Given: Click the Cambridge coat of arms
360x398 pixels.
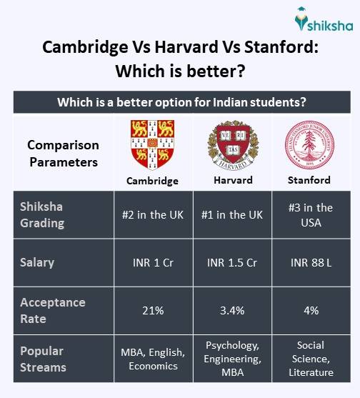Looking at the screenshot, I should [x=152, y=144].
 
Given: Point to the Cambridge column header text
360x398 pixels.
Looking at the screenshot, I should [x=152, y=181].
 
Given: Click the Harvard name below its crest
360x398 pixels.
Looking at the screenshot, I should [x=233, y=180].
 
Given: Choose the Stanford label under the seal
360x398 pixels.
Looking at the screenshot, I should [x=309, y=180].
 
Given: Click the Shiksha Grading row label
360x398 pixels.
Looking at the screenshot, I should [x=42, y=214].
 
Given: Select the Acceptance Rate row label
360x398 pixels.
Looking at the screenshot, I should [x=53, y=310].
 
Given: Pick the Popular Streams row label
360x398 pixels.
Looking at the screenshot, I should [x=42, y=359].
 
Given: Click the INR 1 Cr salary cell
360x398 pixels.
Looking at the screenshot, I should [x=152, y=262].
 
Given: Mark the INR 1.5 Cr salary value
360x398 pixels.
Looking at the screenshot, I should [x=233, y=262].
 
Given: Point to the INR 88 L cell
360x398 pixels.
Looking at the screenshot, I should [x=309, y=262].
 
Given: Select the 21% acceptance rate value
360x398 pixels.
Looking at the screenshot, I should [x=152, y=311].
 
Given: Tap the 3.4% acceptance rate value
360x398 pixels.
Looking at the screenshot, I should [x=233, y=311].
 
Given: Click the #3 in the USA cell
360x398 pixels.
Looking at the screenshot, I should [x=309, y=214].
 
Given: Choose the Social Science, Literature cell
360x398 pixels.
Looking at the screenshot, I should [x=309, y=359].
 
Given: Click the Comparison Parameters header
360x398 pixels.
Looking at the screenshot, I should [x=63, y=153].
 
